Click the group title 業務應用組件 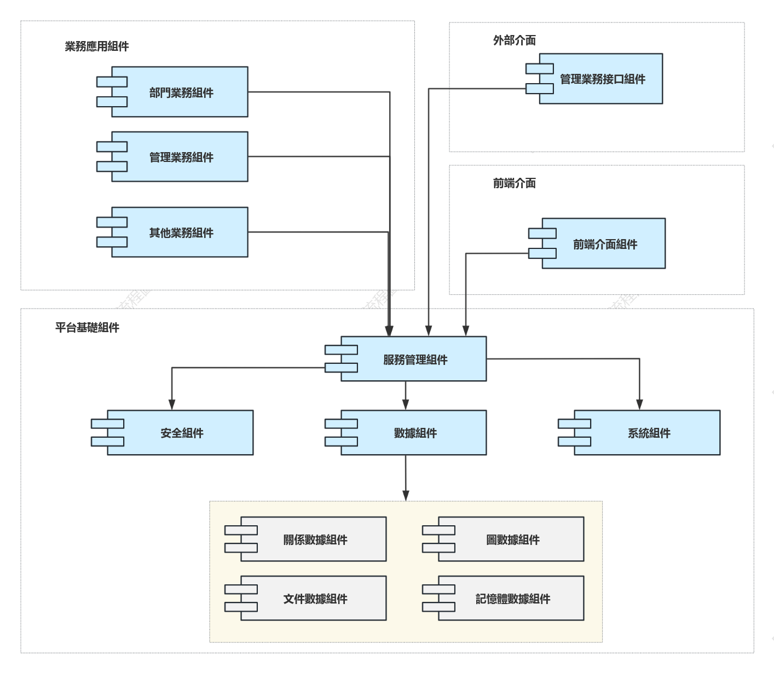(x=97, y=47)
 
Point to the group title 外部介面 (x=515, y=40)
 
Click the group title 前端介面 (x=515, y=183)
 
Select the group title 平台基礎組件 (x=88, y=327)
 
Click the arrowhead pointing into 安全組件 (x=172, y=404)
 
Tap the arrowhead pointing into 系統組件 (x=640, y=404)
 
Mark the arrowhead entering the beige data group (x=406, y=496)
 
